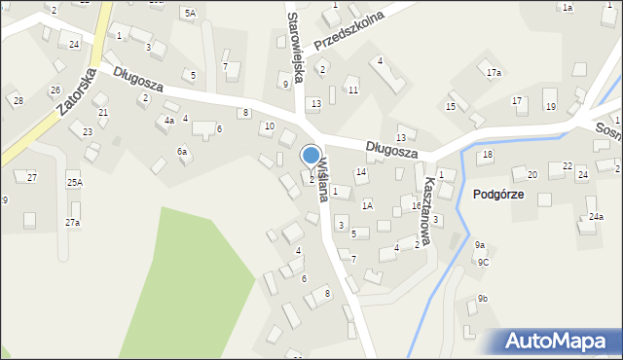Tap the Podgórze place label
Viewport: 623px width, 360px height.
[498, 195]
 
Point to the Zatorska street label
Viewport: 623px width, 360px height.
[75, 92]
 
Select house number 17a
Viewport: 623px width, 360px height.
[494, 73]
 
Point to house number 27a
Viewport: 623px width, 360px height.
[73, 223]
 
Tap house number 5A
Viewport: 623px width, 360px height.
[189, 14]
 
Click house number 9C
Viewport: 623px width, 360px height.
[483, 262]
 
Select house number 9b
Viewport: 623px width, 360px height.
[483, 299]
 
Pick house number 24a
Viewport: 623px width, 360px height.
[596, 217]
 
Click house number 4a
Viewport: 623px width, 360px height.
[169, 121]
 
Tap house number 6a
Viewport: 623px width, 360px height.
[182, 152]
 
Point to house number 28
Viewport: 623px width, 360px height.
[18, 101]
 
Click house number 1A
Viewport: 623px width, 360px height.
[367, 205]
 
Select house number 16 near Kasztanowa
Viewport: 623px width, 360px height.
[416, 206]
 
